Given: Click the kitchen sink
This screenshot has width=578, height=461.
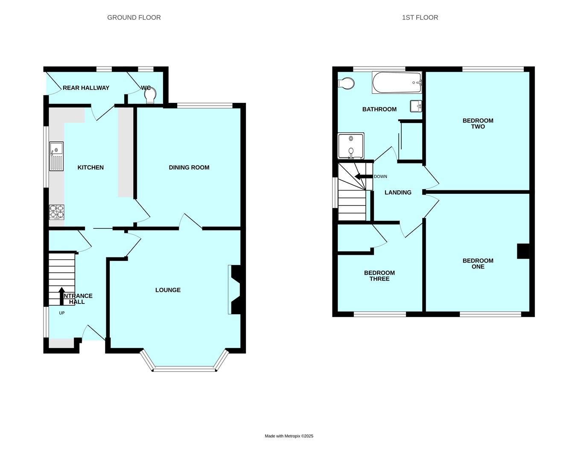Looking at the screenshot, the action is point(56,156).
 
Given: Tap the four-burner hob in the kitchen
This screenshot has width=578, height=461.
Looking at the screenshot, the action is point(57,212).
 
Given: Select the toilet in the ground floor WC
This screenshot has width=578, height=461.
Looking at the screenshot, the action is point(150,95).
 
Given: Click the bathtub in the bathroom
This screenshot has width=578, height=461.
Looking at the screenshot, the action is point(397,82).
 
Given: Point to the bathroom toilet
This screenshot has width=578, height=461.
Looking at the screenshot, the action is point(346,83).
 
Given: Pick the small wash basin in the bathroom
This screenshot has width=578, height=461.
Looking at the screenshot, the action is point(416,106).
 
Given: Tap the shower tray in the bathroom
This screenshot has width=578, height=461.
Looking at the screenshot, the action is point(351,146).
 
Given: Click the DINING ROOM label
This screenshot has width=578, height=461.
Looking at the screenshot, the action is point(189,167).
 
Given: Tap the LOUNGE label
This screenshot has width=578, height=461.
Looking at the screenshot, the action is point(168,290).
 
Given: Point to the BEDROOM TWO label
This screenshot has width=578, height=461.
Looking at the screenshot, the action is point(478,124).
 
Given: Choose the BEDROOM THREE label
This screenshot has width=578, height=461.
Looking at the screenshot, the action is point(379,276).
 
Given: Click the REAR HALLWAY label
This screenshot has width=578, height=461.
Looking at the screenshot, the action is point(86,88).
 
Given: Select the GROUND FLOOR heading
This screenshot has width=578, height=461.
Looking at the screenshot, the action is point(134,18).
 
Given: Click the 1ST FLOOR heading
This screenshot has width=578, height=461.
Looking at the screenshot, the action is point(420,18).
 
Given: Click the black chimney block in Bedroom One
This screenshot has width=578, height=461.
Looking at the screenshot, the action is point(523,251).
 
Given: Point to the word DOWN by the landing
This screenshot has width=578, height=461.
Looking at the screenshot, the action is point(381,176).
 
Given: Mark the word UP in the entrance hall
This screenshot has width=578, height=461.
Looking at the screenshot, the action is point(62,313).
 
